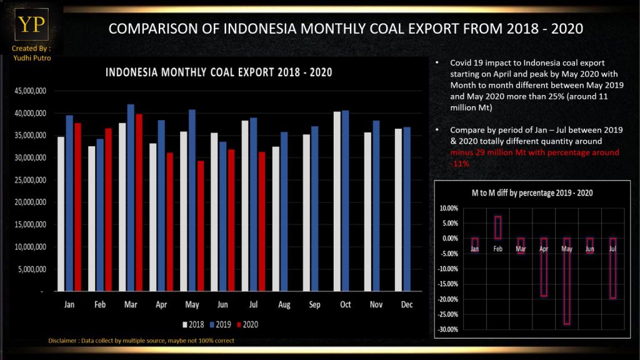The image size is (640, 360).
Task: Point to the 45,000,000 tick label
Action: coord(29,91)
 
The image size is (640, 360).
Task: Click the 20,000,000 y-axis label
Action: coord(29,202)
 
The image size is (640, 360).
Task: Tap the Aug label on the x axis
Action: coord(283,305)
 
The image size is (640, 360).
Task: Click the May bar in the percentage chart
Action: coord(567,281)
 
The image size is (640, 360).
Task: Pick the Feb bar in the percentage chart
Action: coord(498,227)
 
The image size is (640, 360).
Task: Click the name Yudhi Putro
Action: coord(31,58)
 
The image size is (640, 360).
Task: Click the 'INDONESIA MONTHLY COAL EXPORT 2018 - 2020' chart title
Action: coord(218,72)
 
